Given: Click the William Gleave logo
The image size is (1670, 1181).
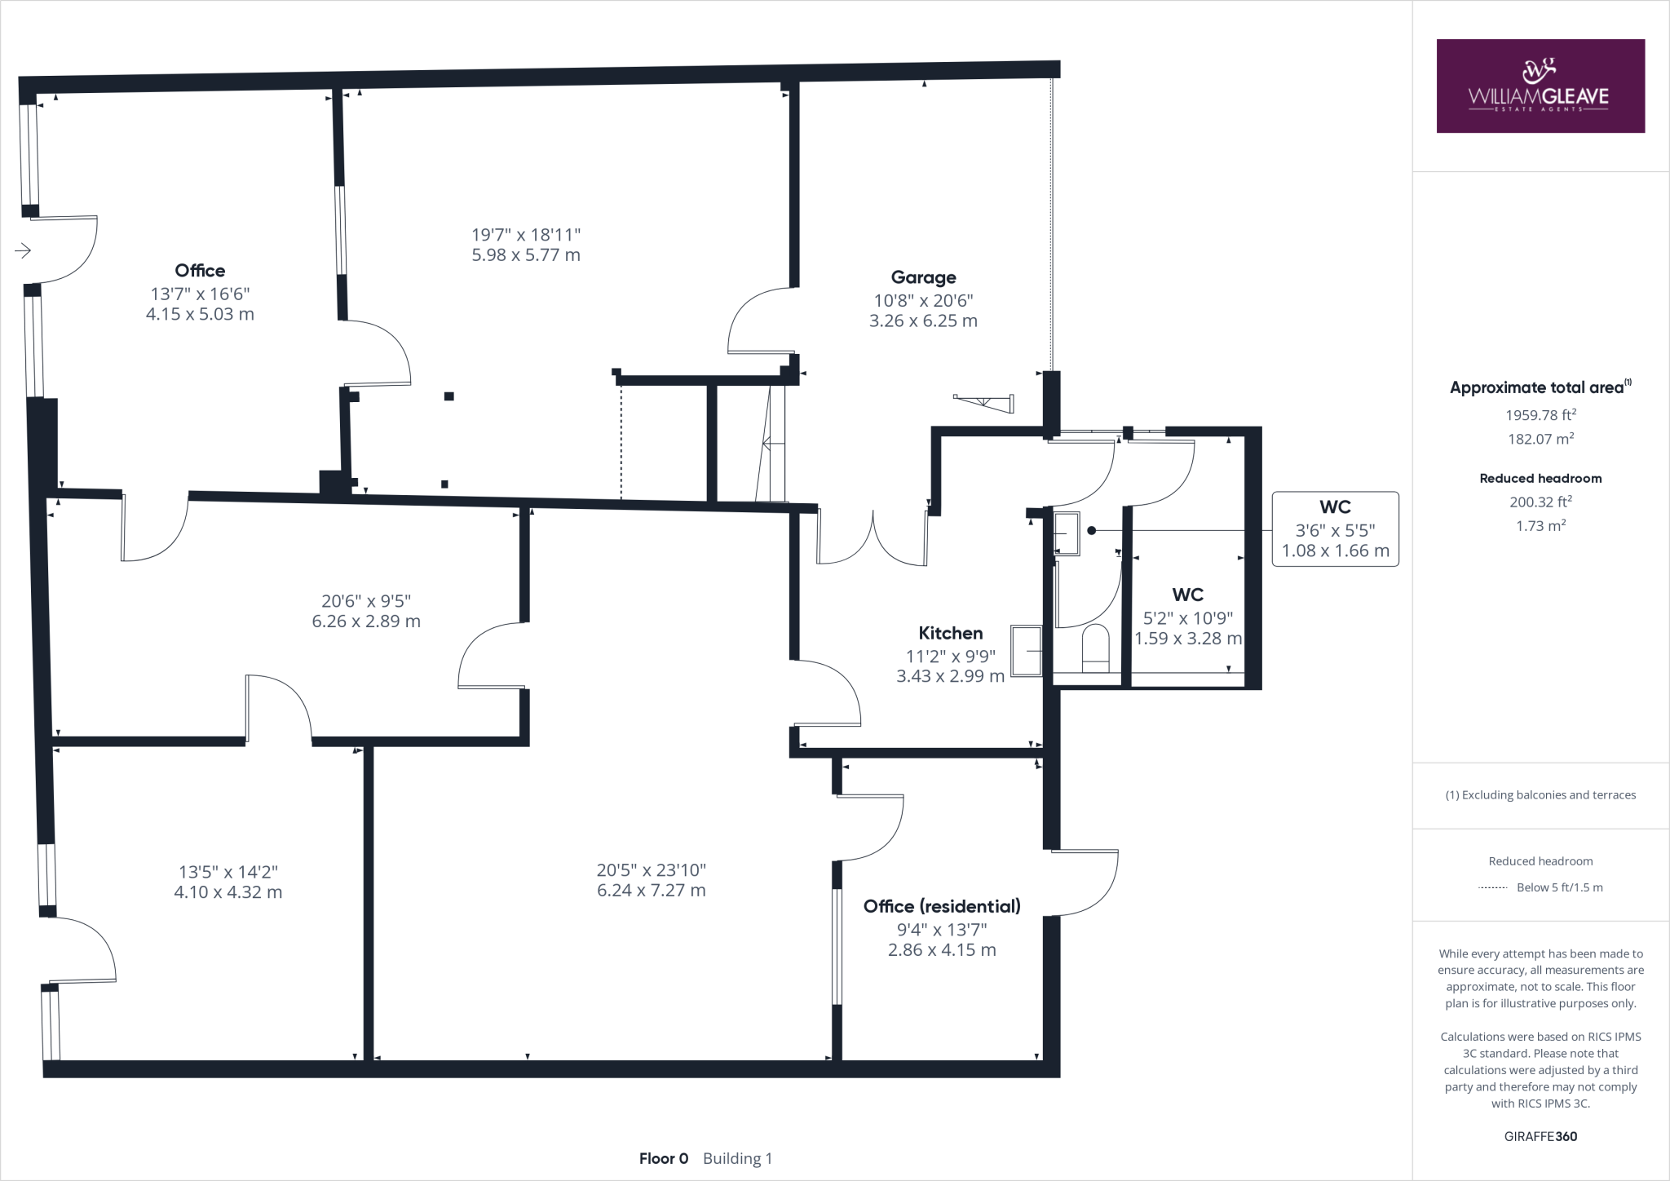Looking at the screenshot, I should click(x=1540, y=86).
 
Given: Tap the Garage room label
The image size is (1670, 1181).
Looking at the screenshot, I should click(x=923, y=277).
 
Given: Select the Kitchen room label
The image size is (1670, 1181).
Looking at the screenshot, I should click(x=950, y=633).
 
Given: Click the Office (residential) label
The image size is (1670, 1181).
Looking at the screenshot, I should click(x=942, y=906).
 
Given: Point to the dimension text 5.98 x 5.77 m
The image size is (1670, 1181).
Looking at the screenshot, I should click(x=526, y=254).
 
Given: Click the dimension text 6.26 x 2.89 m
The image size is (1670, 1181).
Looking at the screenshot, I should click(x=366, y=621).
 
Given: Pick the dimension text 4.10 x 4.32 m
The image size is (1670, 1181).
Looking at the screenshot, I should click(x=228, y=892).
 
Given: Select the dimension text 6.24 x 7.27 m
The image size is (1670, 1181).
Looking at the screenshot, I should click(x=651, y=891).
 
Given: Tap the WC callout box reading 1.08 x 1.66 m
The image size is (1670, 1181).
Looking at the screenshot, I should click(x=1335, y=529).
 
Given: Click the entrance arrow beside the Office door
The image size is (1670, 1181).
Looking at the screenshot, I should click(x=23, y=250).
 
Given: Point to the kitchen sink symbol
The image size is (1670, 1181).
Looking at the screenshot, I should click(x=1027, y=651).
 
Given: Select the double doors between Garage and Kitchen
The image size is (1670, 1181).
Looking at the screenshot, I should click(x=873, y=538).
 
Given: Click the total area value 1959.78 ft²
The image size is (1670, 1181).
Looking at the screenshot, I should click(x=1540, y=415).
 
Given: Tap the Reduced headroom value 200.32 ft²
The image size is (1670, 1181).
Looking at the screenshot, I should click(x=1540, y=502).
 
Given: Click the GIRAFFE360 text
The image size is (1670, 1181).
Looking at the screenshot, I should click(x=1540, y=1136).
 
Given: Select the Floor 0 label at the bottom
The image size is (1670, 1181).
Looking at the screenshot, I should click(x=663, y=1158).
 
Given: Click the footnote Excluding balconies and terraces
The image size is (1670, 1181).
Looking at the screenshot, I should click(x=1540, y=795).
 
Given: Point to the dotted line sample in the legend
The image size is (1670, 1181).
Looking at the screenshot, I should click(x=1492, y=887).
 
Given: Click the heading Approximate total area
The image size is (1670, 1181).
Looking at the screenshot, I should click(x=1537, y=387).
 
